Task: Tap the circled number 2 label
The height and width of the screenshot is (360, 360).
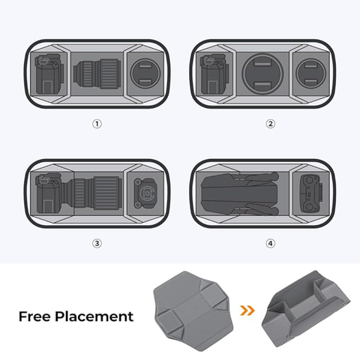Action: pyautogui.click(x=270, y=124)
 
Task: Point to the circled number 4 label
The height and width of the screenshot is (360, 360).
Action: pyautogui.click(x=270, y=243)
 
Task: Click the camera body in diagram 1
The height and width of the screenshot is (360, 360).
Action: pyautogui.click(x=47, y=75)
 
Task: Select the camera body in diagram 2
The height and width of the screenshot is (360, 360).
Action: pyautogui.click(x=214, y=75)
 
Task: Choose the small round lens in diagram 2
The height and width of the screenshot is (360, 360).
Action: pyautogui.click(x=310, y=75)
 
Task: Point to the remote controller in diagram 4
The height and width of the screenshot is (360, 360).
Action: pyautogui.click(x=310, y=194)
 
